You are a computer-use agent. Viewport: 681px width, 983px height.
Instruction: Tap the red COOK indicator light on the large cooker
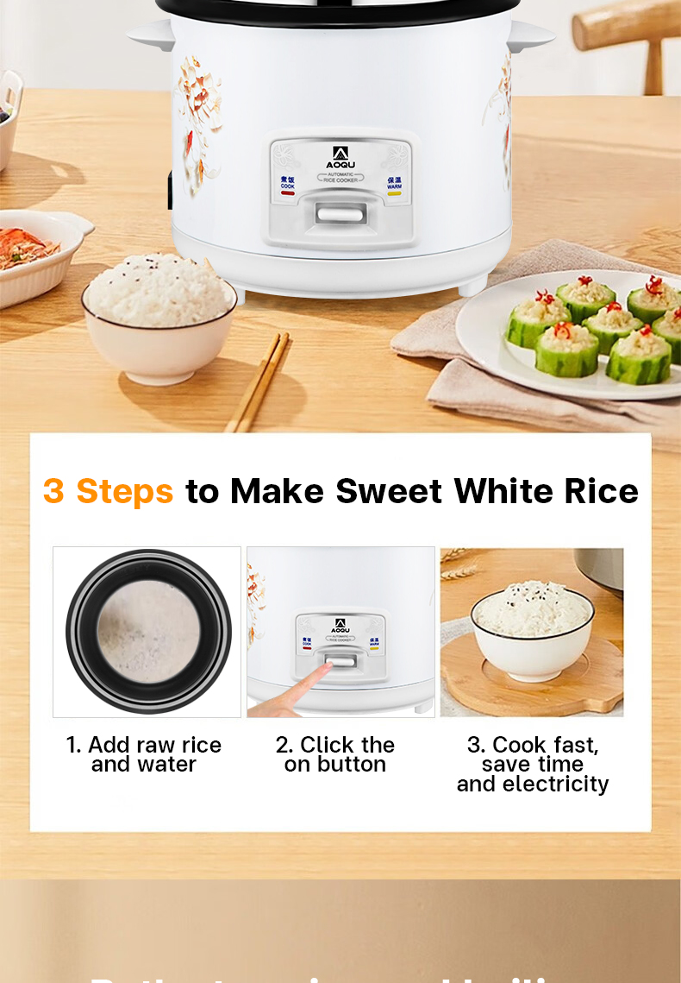(288, 193)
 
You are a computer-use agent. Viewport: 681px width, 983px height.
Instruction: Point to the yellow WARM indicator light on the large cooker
(394, 193)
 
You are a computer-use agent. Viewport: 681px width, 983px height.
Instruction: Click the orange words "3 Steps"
(108, 491)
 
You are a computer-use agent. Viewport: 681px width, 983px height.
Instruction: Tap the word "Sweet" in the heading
(390, 491)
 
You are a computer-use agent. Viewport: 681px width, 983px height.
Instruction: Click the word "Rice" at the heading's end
(601, 491)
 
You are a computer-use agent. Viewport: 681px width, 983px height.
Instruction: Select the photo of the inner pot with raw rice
(147, 632)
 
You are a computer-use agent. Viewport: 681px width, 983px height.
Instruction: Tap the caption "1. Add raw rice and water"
(144, 754)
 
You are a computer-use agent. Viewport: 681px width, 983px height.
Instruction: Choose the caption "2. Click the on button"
(334, 754)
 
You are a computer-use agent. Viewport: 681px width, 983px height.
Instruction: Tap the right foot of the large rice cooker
(473, 284)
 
